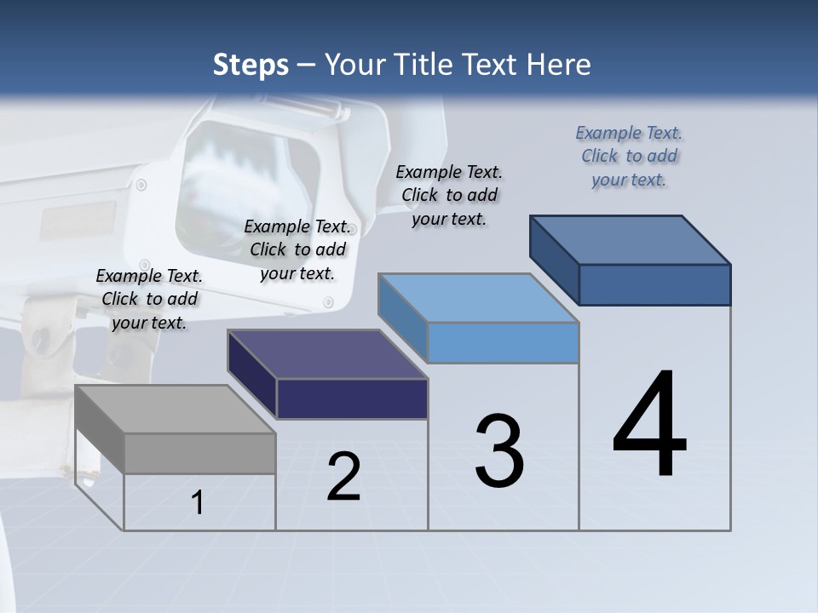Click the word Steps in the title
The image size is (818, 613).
(x=251, y=65)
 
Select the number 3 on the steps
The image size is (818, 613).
(x=499, y=451)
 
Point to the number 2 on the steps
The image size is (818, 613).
(x=343, y=478)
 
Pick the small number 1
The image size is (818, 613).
(x=198, y=503)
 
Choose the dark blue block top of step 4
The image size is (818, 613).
(x=631, y=240)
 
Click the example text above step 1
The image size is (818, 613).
(x=149, y=299)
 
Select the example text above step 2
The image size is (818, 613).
(x=297, y=249)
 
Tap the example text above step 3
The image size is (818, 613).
(x=449, y=195)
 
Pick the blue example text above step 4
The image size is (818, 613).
(x=629, y=156)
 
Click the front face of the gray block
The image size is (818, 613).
(x=200, y=454)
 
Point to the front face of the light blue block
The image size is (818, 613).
(x=503, y=343)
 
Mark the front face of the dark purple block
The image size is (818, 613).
(x=352, y=399)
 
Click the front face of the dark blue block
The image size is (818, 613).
(x=654, y=284)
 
